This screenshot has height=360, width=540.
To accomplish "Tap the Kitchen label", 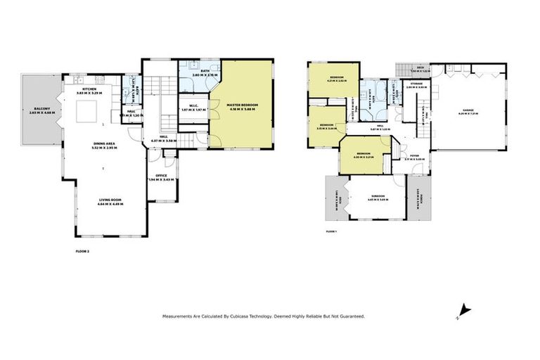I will [89, 90].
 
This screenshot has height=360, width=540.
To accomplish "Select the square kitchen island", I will [88, 110].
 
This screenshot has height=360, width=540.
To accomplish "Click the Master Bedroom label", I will [243, 105].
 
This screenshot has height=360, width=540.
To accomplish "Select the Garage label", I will [468, 110].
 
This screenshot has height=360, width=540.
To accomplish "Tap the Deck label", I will [420, 68].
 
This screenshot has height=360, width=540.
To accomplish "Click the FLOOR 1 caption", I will [331, 231].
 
